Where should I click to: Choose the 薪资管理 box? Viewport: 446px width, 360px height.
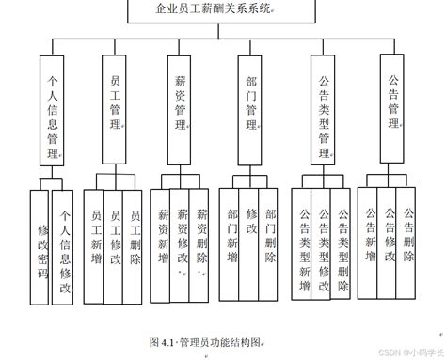point(181,111)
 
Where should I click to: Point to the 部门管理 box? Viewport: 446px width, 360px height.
point(248,111)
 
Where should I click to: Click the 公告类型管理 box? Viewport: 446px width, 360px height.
point(324,111)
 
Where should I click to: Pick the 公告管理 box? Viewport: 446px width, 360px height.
point(392,111)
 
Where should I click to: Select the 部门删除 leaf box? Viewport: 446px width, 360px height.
point(271,235)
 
